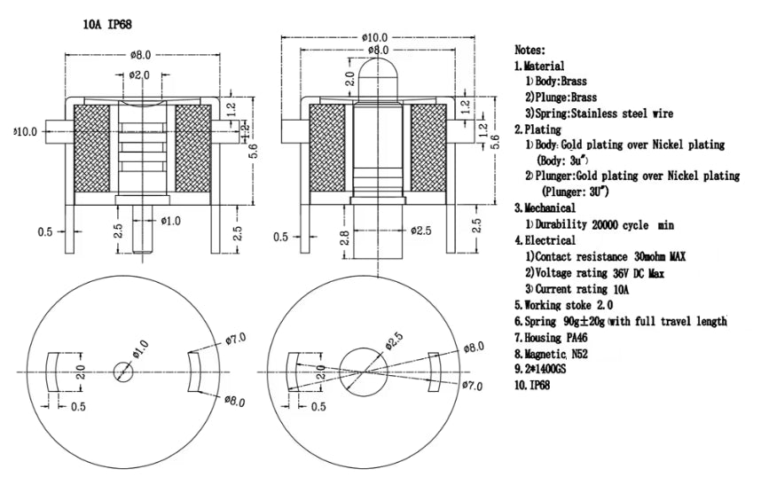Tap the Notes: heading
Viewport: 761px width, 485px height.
coord(530,51)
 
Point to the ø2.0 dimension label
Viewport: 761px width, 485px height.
coord(139,75)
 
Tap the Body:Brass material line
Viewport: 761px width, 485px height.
coord(563,82)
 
